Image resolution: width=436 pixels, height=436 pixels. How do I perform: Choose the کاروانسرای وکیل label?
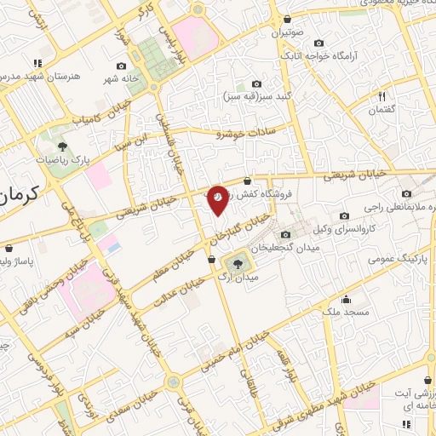(x=344, y=230)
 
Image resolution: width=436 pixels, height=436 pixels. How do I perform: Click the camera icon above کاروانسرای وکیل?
(x=343, y=215)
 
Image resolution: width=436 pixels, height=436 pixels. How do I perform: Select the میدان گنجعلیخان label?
(x=324, y=246)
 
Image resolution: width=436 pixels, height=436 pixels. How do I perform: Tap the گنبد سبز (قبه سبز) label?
(x=255, y=97)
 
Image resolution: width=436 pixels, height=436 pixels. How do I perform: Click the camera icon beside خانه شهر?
(x=121, y=66)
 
